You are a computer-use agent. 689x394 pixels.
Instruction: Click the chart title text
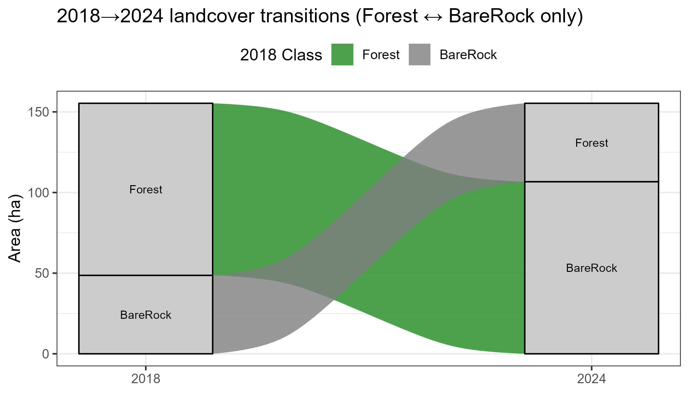(x=320, y=16)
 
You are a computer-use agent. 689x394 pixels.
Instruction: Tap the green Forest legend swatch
(x=342, y=55)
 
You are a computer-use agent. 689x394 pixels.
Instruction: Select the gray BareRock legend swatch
(x=419, y=55)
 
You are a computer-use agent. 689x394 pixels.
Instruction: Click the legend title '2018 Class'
(x=281, y=55)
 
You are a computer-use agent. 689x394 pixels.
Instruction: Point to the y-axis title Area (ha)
(x=15, y=229)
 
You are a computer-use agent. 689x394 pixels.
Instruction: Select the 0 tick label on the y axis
(x=45, y=354)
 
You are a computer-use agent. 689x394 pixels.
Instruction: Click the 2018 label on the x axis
(x=146, y=379)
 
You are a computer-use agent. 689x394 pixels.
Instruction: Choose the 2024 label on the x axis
(x=591, y=379)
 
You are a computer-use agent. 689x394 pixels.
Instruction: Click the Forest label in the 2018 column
(x=146, y=190)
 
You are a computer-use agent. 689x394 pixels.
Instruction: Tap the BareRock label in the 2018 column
(x=146, y=315)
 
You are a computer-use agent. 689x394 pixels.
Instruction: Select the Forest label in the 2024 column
(x=591, y=143)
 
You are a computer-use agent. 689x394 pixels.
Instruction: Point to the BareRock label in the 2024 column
(x=591, y=268)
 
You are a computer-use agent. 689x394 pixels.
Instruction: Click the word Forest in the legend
(x=381, y=55)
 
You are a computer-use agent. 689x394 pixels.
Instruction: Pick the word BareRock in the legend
(x=468, y=55)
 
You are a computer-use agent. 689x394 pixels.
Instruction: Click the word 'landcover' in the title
(x=212, y=16)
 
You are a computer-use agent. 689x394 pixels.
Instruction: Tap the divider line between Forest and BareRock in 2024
(x=591, y=182)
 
